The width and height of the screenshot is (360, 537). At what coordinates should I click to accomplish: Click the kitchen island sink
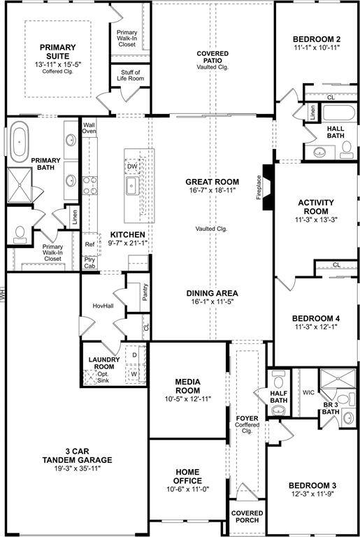[x=131, y=185]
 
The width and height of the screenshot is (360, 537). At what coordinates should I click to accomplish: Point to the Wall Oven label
[x=89, y=127]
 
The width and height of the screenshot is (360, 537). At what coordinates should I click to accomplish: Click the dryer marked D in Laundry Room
[x=134, y=356]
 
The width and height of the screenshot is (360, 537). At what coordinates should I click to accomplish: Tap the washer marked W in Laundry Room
[x=134, y=374]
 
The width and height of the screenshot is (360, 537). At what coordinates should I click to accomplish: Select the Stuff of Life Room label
[x=131, y=76]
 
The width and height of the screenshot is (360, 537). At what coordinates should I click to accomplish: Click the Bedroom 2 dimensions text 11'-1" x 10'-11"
[x=317, y=48]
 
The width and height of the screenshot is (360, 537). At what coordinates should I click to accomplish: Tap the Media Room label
[x=188, y=386]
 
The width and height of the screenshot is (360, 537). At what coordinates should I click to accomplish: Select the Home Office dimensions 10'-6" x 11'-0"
[x=188, y=492]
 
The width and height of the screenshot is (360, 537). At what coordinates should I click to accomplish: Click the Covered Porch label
[x=247, y=516]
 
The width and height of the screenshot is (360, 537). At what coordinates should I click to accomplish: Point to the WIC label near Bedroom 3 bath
[x=308, y=392]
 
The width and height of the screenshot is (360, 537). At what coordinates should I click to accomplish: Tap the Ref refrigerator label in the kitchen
[x=89, y=245]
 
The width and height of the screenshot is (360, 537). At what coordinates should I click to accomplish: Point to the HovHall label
[x=103, y=306]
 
